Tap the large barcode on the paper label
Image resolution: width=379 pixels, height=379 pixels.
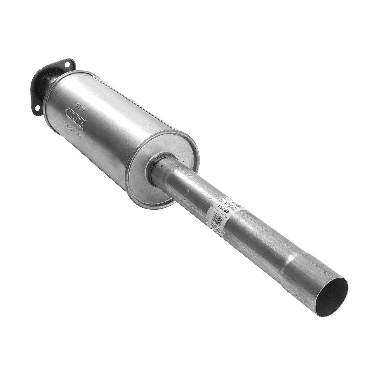[234, 202]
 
